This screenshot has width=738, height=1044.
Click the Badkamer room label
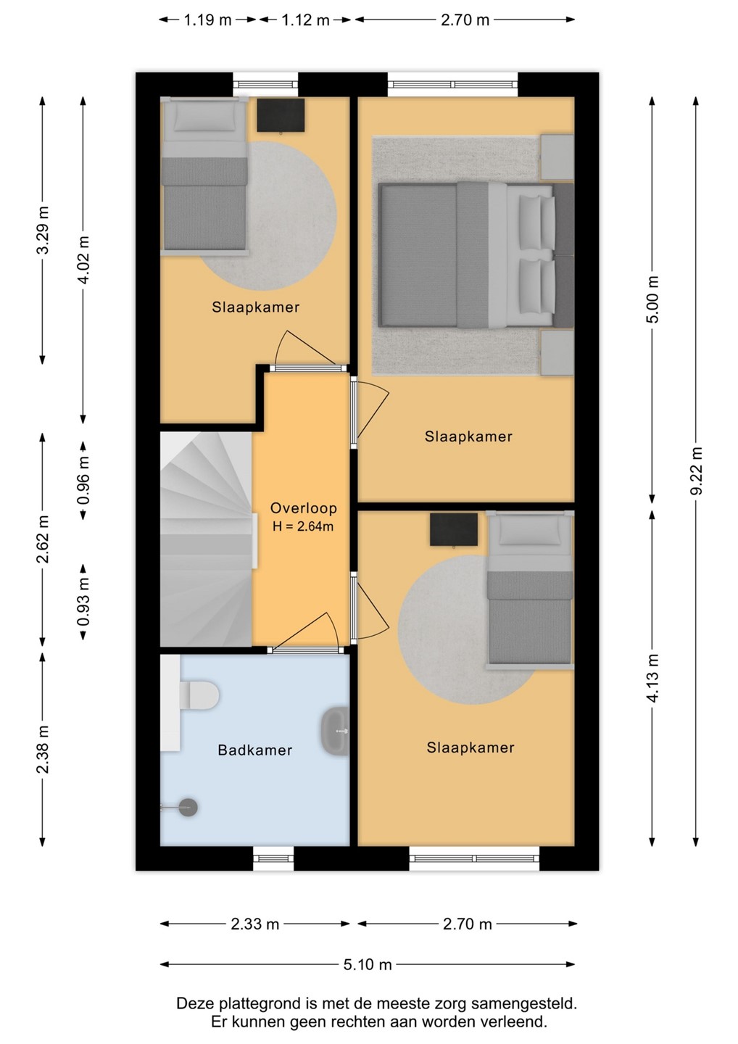(x=255, y=750)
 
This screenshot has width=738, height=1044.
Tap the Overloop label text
(x=303, y=507)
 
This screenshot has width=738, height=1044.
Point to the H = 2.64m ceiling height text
(x=303, y=526)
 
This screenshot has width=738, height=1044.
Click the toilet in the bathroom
(x=199, y=696)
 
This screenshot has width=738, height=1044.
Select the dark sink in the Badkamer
(x=335, y=732)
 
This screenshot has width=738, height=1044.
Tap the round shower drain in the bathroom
(x=188, y=807)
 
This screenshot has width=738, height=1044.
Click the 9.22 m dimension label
(x=696, y=471)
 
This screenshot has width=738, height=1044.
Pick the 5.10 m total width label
(x=368, y=964)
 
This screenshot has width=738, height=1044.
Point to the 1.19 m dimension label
(x=208, y=20)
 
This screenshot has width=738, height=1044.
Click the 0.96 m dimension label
(x=83, y=480)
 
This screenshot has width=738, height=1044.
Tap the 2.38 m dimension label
(x=42, y=750)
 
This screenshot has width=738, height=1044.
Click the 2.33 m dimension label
(x=255, y=924)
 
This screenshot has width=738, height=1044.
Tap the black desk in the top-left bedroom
(x=281, y=115)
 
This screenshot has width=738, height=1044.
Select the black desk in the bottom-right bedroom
(x=454, y=529)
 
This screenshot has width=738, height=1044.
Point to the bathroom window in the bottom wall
(x=273, y=858)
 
